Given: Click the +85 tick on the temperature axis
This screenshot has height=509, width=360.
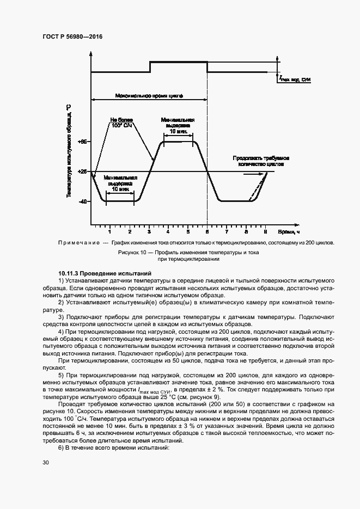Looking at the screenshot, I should (83, 142).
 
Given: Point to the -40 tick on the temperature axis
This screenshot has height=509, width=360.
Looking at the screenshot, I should (83, 201).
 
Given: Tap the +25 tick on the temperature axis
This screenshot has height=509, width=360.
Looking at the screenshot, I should (83, 171).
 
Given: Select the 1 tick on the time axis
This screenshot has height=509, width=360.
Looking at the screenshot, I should (110, 231).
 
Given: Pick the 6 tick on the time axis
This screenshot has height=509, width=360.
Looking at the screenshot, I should (207, 231).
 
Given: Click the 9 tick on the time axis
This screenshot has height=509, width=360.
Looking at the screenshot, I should (265, 231).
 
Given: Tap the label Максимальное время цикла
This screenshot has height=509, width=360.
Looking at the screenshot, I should (149, 95).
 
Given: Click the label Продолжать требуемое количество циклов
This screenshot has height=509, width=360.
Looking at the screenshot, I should (258, 160).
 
